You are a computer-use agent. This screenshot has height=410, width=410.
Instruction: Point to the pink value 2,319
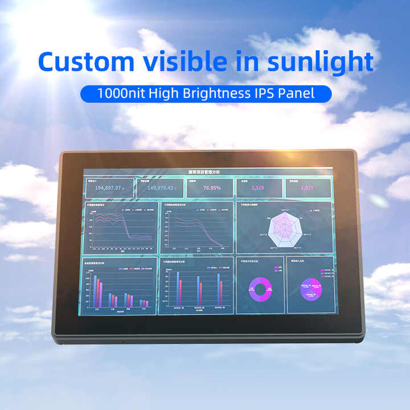257,187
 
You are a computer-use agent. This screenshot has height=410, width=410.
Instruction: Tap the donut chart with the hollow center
260,289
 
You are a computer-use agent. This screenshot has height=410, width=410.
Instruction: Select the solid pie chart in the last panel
310,288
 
